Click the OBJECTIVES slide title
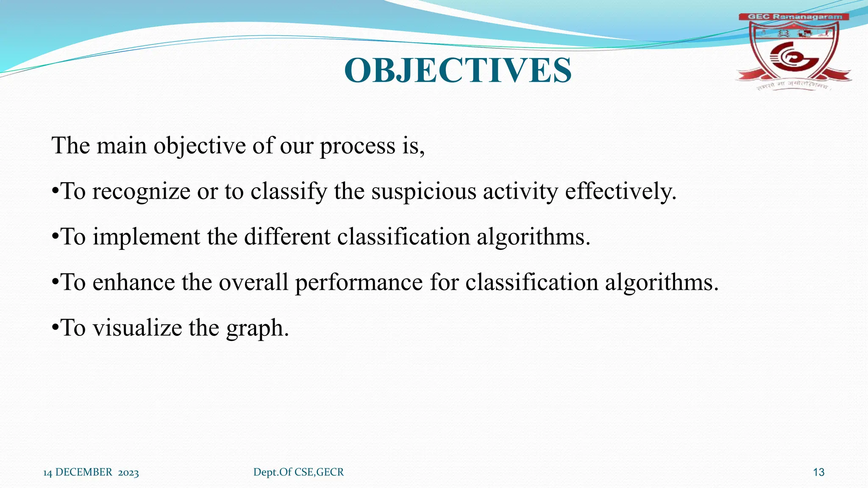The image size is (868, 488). (x=458, y=70)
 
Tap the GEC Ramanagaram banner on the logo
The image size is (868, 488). (x=794, y=17)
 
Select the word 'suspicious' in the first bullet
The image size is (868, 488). (x=424, y=191)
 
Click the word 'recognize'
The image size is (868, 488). (x=141, y=191)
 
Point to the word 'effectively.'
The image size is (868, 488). (x=620, y=191)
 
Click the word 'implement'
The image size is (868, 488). (x=146, y=237)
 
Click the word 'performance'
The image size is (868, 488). (x=359, y=283)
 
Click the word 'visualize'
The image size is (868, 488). (x=137, y=328)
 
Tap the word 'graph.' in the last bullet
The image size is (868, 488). (x=257, y=329)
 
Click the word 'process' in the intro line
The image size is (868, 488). (x=357, y=146)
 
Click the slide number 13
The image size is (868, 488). (x=818, y=472)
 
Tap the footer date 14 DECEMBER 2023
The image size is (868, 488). (x=91, y=472)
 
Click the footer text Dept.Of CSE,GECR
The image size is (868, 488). (x=298, y=472)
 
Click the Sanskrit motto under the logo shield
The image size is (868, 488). (x=792, y=86)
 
